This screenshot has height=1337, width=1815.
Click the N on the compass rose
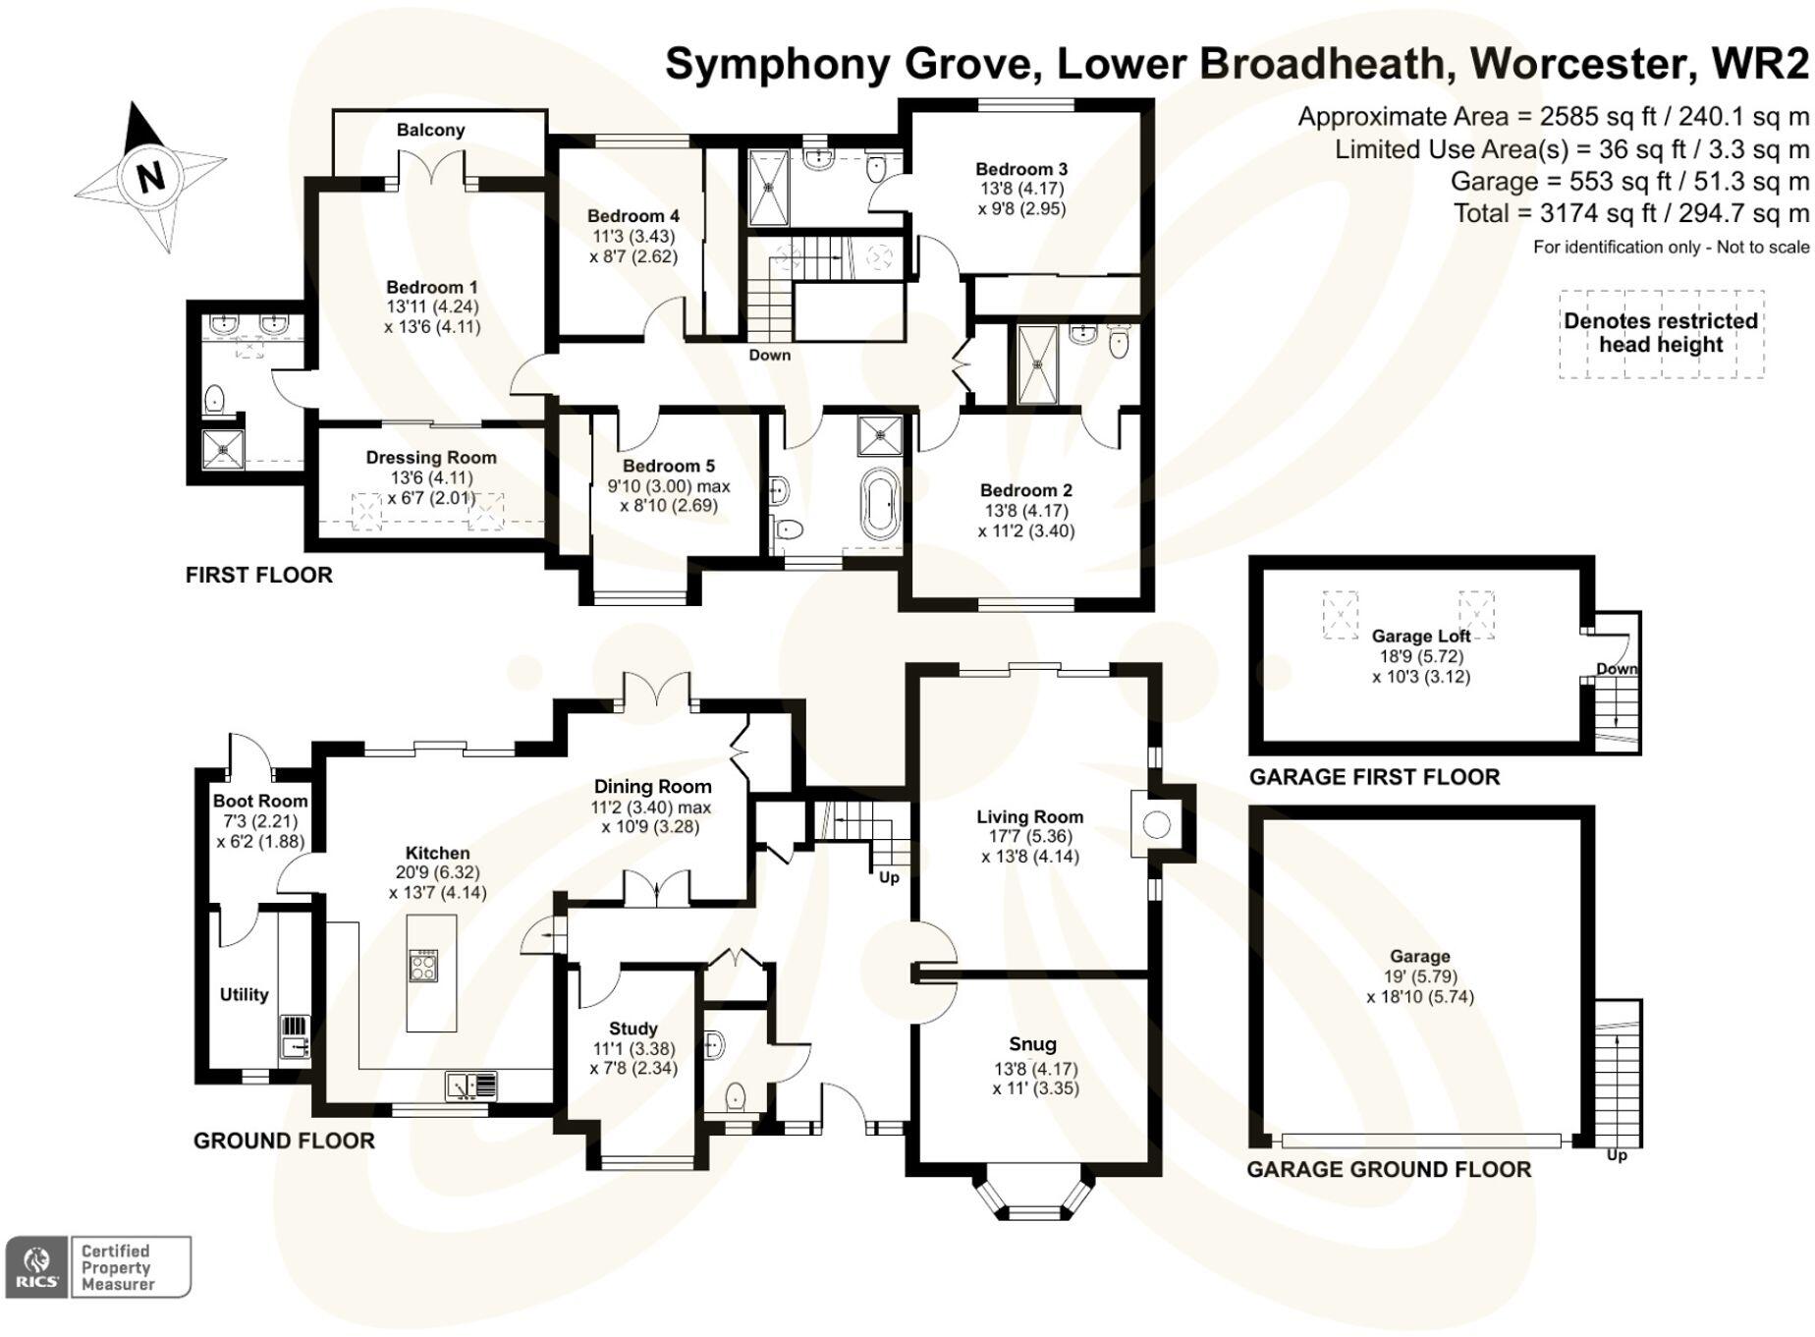[x=150, y=178]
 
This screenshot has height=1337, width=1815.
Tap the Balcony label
[x=430, y=130]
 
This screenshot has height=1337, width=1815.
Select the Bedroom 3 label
[x=1021, y=169]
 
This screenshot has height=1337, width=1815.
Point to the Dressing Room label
[x=430, y=457]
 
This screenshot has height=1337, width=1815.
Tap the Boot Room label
[x=260, y=801]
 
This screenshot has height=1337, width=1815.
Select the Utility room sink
[x=295, y=1037]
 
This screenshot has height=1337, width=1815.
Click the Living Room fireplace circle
[x=1157, y=825]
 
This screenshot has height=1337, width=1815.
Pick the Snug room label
[x=1032, y=1044]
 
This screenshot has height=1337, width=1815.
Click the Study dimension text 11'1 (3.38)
[x=633, y=1048]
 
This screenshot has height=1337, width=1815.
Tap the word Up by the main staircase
[x=889, y=877]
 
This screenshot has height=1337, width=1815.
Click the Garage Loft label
[x=1420, y=636]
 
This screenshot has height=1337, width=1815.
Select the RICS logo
[x=37, y=1266]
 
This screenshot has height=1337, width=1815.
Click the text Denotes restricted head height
[x=1661, y=333]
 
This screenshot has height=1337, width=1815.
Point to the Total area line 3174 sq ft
[x=1630, y=213]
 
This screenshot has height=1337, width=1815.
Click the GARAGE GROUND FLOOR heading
[x=1389, y=1169]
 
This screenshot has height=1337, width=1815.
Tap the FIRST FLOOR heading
[x=259, y=575]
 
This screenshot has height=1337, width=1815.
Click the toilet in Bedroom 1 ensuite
[x=215, y=399]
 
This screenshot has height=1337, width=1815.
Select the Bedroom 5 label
[x=668, y=466]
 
